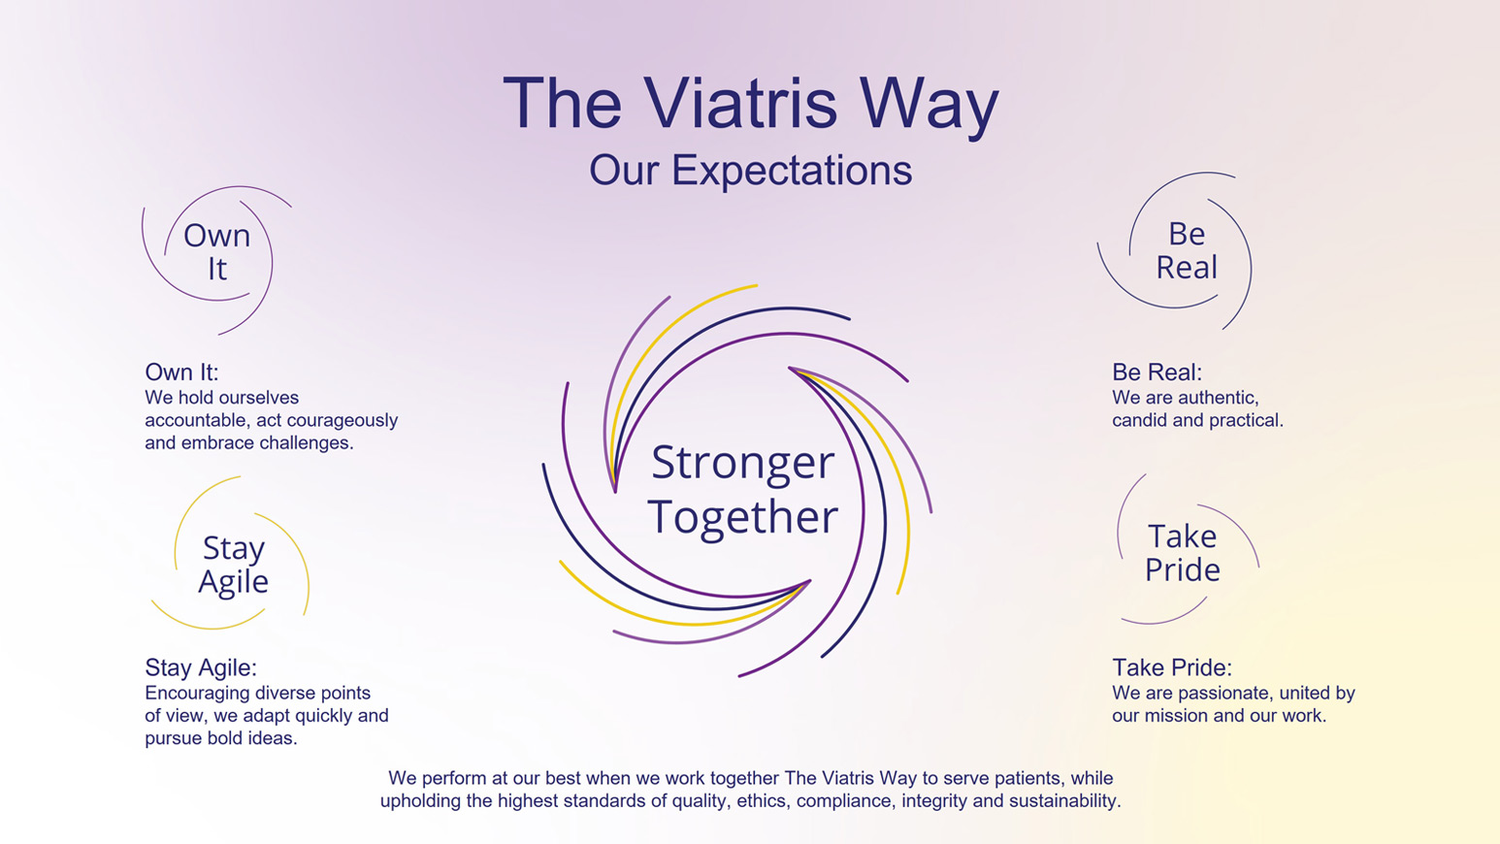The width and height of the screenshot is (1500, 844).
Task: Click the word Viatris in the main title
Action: (x=739, y=103)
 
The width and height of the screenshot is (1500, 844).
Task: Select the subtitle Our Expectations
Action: (x=750, y=170)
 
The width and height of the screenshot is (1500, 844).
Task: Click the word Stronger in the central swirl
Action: (x=742, y=462)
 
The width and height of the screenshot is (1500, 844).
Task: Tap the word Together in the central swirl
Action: (x=742, y=516)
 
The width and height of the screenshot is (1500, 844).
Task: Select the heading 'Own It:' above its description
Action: (x=181, y=372)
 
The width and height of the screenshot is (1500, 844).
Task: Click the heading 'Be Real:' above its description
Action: (x=1157, y=372)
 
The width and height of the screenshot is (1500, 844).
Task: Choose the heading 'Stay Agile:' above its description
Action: (x=201, y=667)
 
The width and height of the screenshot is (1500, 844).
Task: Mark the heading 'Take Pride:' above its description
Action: (x=1171, y=667)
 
